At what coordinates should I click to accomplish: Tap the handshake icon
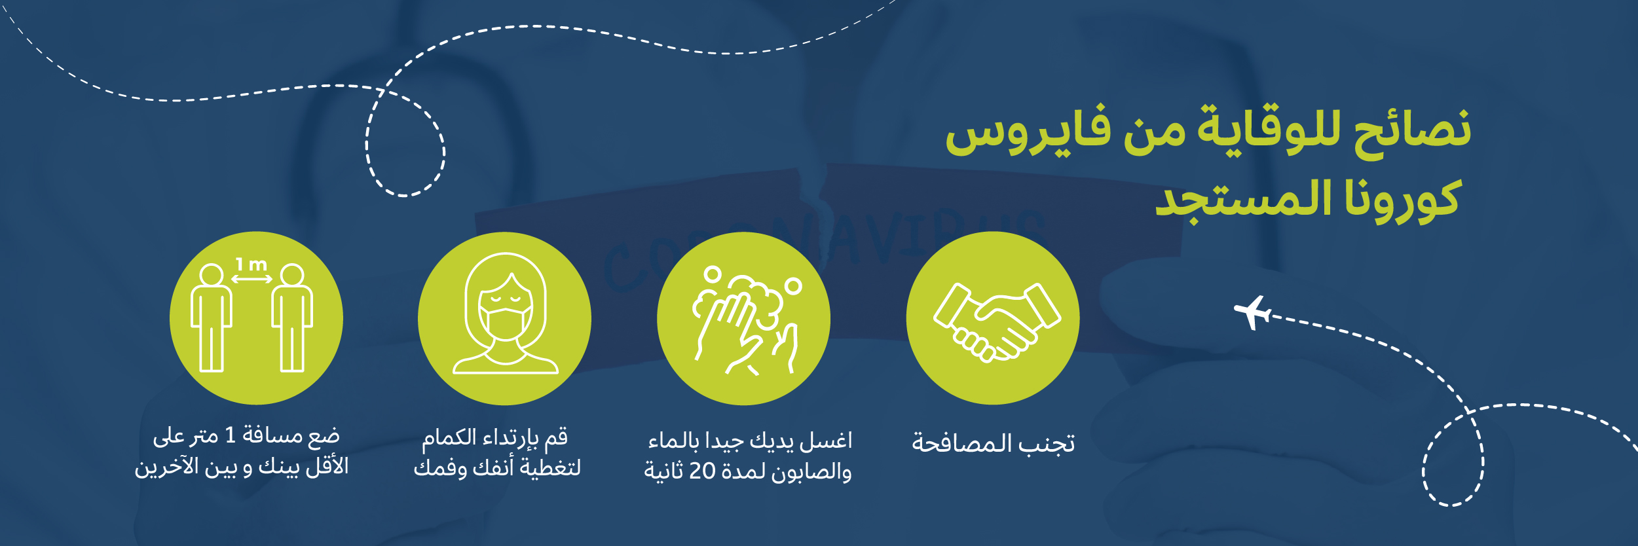[997, 321]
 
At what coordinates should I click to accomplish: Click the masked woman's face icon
[505, 314]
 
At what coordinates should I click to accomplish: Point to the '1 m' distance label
[251, 264]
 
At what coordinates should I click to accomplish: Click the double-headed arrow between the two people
[251, 279]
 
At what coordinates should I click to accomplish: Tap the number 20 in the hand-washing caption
[702, 470]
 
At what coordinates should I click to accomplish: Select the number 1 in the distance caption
[230, 435]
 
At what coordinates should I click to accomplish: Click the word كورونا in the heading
[1402, 199]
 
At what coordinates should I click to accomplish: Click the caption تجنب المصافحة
[994, 443]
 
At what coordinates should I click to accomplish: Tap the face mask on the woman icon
[505, 321]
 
